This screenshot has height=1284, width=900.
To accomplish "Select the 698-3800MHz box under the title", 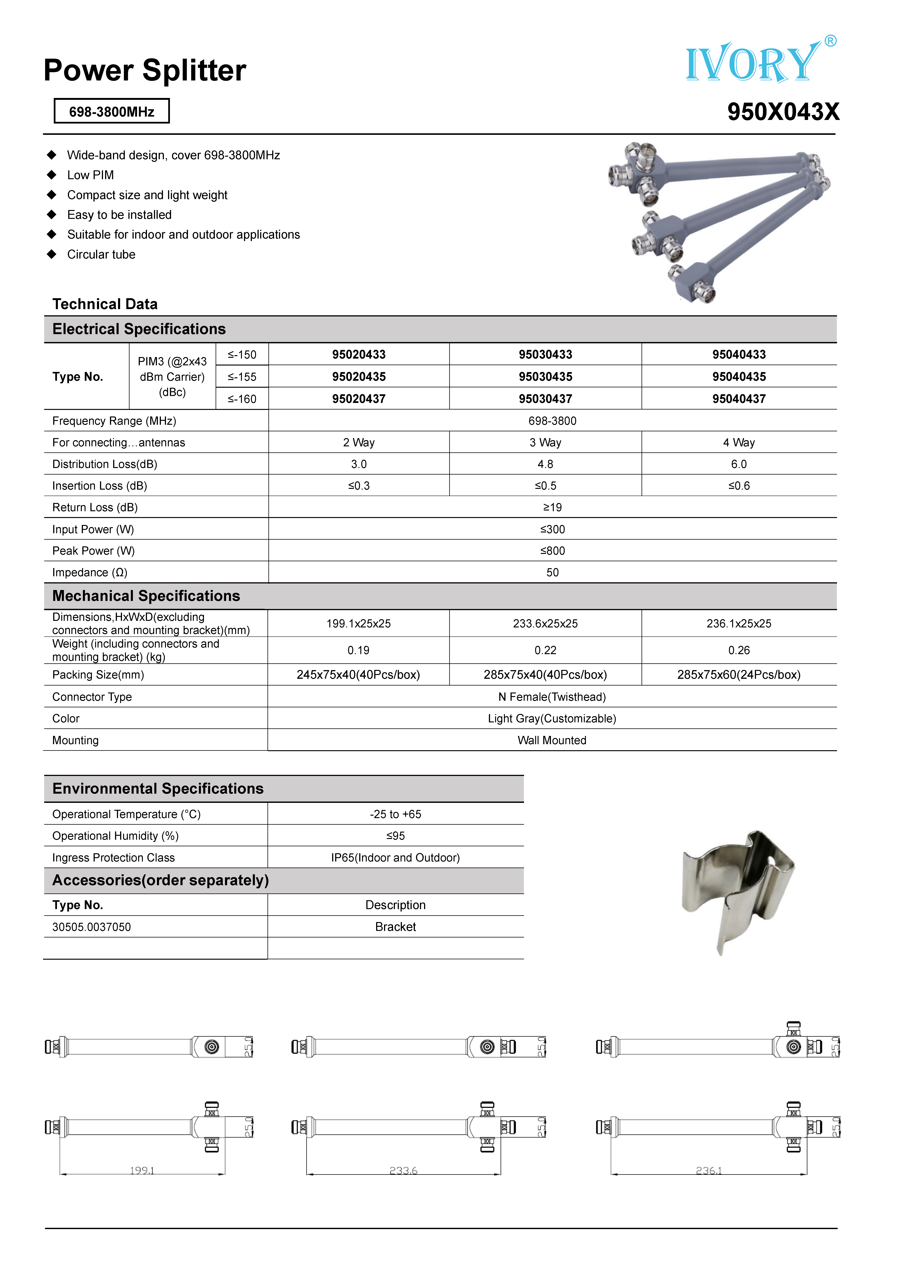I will pyautogui.click(x=112, y=111).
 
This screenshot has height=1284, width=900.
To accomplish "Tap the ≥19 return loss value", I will pyautogui.click(x=552, y=507).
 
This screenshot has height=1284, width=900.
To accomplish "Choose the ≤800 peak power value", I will pyautogui.click(x=552, y=551).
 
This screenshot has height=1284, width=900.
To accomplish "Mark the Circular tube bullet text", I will pyautogui.click(x=101, y=254).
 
